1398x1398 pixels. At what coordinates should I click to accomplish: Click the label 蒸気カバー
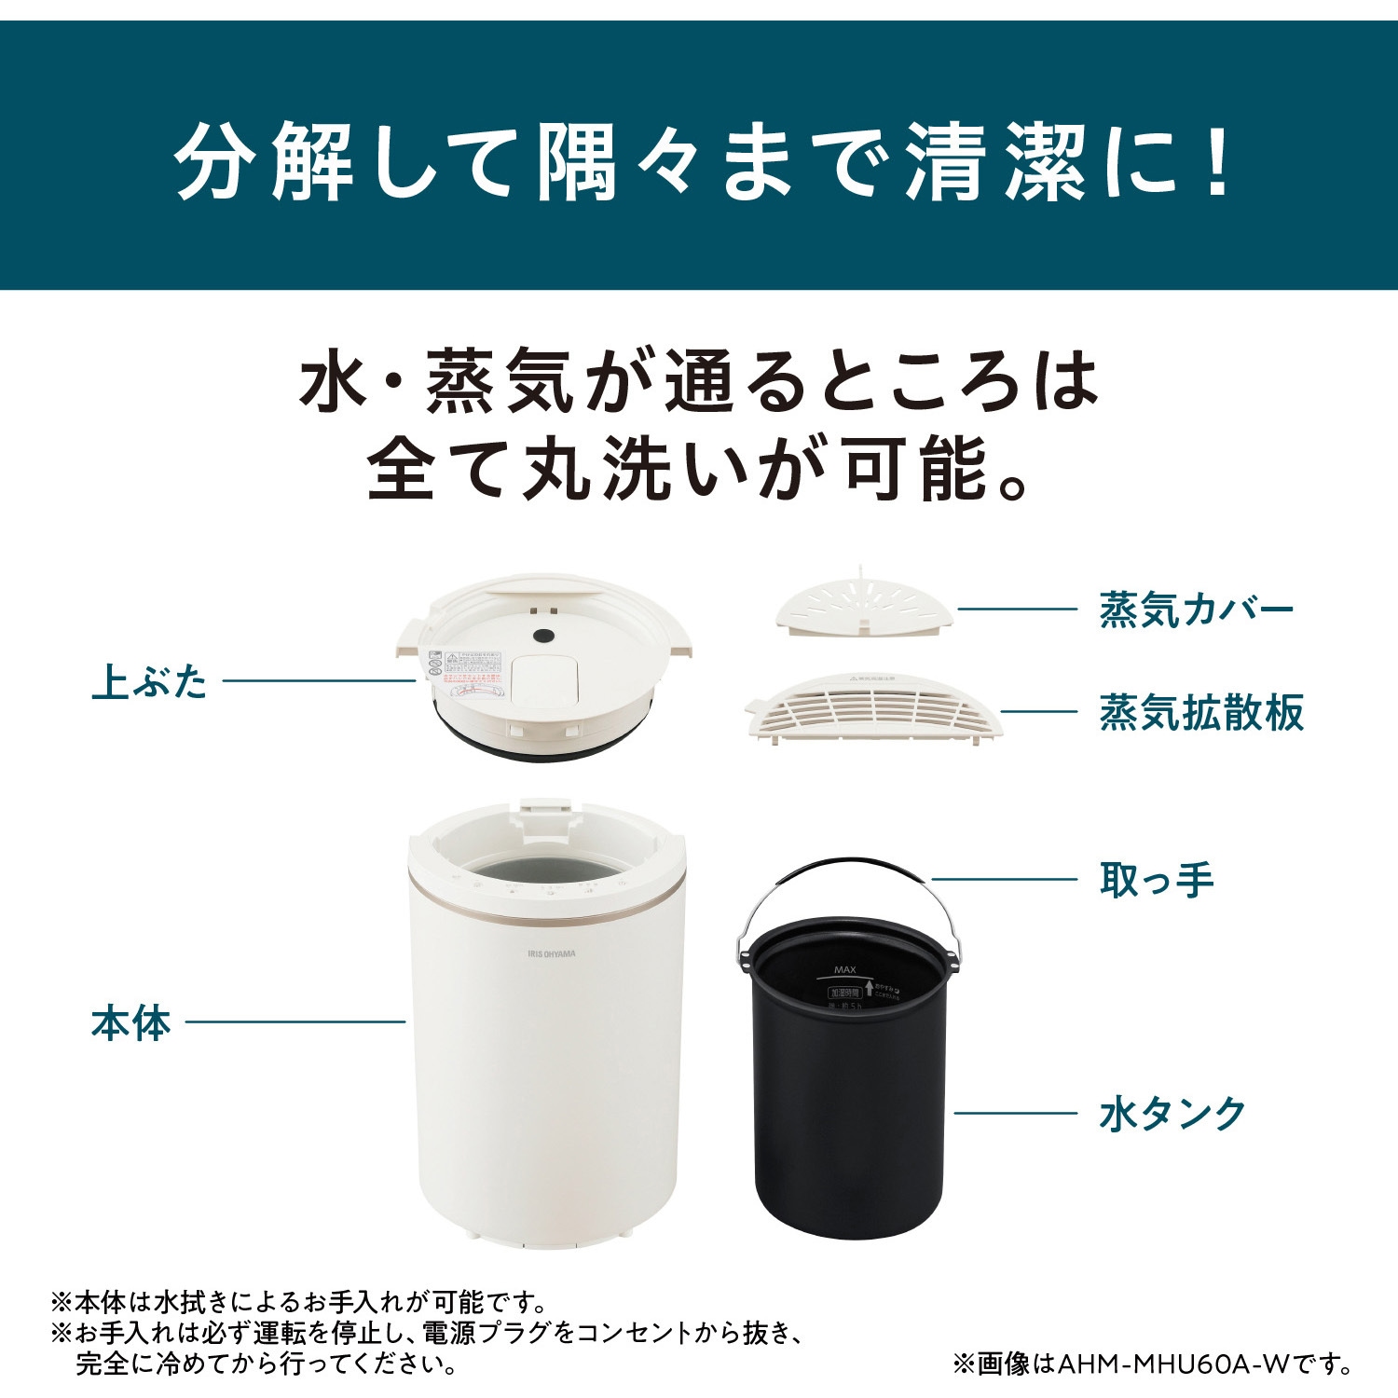point(1196,610)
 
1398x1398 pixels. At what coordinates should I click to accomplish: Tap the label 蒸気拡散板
point(1200,713)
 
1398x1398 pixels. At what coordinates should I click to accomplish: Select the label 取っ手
point(1157,880)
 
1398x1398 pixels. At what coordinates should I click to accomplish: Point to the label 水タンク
point(1172,1114)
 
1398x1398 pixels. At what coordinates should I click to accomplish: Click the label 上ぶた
point(150,681)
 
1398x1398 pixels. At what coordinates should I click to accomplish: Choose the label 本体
point(131,1022)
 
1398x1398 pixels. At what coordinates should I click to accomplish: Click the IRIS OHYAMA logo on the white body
point(552,953)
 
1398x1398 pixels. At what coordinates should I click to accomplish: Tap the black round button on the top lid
point(543,636)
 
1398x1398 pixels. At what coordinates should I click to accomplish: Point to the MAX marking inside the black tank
point(845,970)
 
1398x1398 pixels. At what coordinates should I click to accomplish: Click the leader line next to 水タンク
point(1016,1113)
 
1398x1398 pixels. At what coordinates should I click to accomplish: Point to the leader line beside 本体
point(295,1021)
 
